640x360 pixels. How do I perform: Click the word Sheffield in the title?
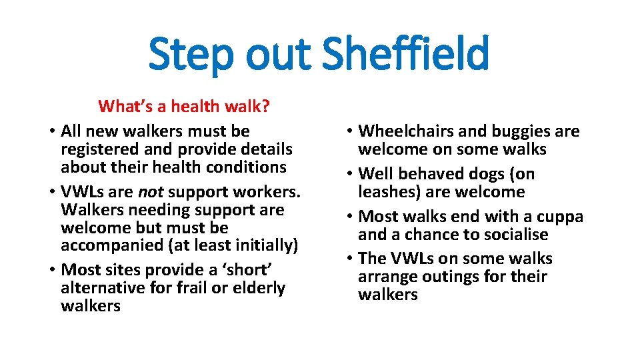tap(405, 55)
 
